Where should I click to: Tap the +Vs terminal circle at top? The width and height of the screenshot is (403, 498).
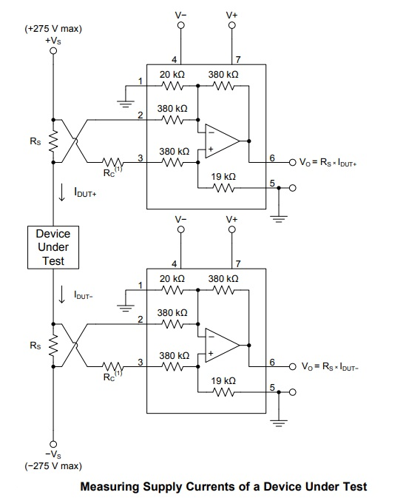point(53,51)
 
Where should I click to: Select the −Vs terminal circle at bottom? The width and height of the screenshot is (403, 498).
point(53,444)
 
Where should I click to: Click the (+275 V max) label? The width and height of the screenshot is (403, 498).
point(53,29)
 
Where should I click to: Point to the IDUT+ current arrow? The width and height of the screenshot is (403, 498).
point(62,193)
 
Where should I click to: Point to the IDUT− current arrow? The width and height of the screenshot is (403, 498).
point(62,295)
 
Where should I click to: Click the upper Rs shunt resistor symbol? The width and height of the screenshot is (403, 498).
point(53,141)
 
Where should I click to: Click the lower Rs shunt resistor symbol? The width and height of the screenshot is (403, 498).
point(53,346)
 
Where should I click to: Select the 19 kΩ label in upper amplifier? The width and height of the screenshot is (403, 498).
point(223,177)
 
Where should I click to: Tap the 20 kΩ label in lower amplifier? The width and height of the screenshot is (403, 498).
point(172,279)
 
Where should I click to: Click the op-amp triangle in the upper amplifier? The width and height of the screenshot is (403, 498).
point(222,141)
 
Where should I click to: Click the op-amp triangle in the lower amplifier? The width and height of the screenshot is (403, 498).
point(222,346)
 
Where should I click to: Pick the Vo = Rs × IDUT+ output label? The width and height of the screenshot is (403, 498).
point(328,162)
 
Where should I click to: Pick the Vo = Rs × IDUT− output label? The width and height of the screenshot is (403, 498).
point(330,366)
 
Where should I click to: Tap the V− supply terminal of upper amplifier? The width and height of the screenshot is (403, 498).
point(181,25)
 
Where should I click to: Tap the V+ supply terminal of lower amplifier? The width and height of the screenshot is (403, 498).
point(232,229)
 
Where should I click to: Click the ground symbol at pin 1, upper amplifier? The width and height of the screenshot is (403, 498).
point(126,104)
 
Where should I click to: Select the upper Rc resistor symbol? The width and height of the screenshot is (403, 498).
point(112,162)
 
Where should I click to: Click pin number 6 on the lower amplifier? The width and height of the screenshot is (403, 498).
point(272,363)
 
